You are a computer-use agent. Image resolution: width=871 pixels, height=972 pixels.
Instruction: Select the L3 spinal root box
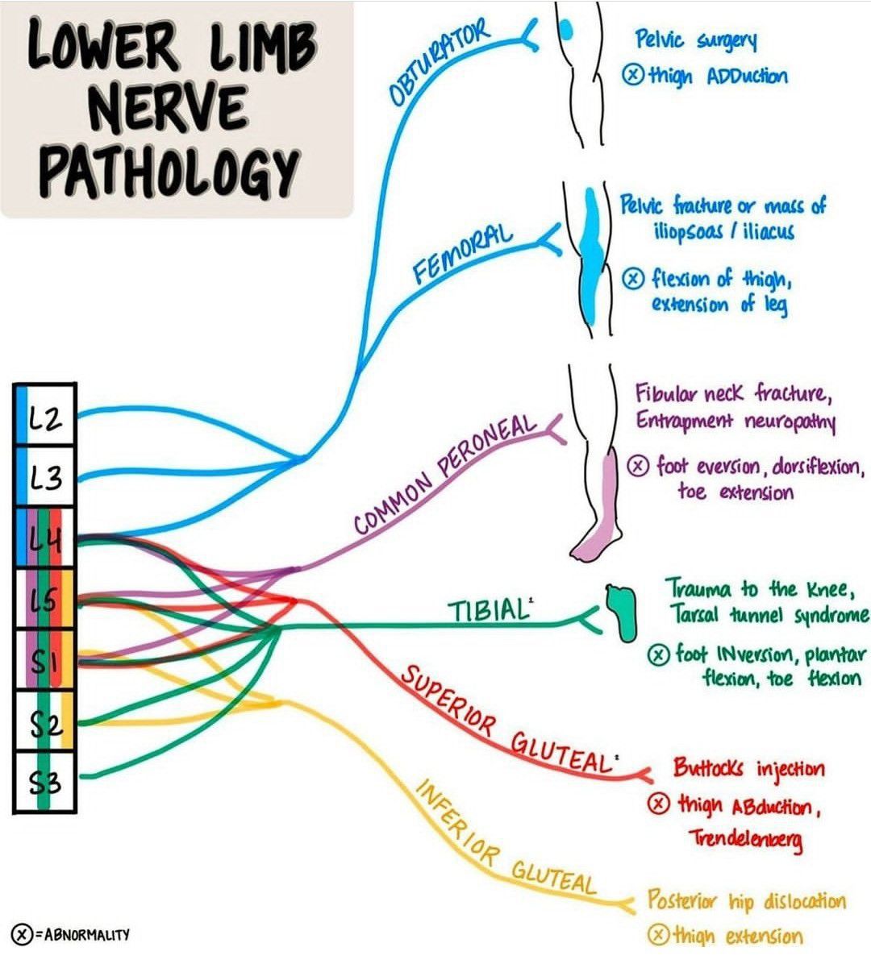pyautogui.click(x=45, y=478)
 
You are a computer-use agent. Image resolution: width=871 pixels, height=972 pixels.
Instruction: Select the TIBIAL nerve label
pyautogui.click(x=487, y=610)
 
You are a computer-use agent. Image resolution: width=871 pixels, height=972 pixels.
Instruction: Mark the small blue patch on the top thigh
pyautogui.click(x=567, y=30)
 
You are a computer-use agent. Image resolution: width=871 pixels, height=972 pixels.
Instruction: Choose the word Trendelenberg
pyautogui.click(x=745, y=840)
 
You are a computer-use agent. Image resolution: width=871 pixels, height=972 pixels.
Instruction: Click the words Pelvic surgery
pyautogui.click(x=695, y=40)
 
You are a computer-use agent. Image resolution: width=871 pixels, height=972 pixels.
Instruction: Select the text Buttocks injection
pyautogui.click(x=748, y=768)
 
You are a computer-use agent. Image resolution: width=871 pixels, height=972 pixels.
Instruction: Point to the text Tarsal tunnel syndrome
pyautogui.click(x=769, y=616)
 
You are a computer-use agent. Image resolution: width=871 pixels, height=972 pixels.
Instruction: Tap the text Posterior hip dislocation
pyautogui.click(x=747, y=901)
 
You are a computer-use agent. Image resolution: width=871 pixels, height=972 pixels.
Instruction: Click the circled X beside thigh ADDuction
pyautogui.click(x=633, y=76)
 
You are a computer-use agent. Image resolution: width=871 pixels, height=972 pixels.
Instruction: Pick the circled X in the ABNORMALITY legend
pyautogui.click(x=21, y=935)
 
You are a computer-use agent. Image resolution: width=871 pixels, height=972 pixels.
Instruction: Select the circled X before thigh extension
pyautogui.click(x=659, y=936)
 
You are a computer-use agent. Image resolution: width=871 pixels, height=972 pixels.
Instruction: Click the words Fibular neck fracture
pyautogui.click(x=731, y=394)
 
